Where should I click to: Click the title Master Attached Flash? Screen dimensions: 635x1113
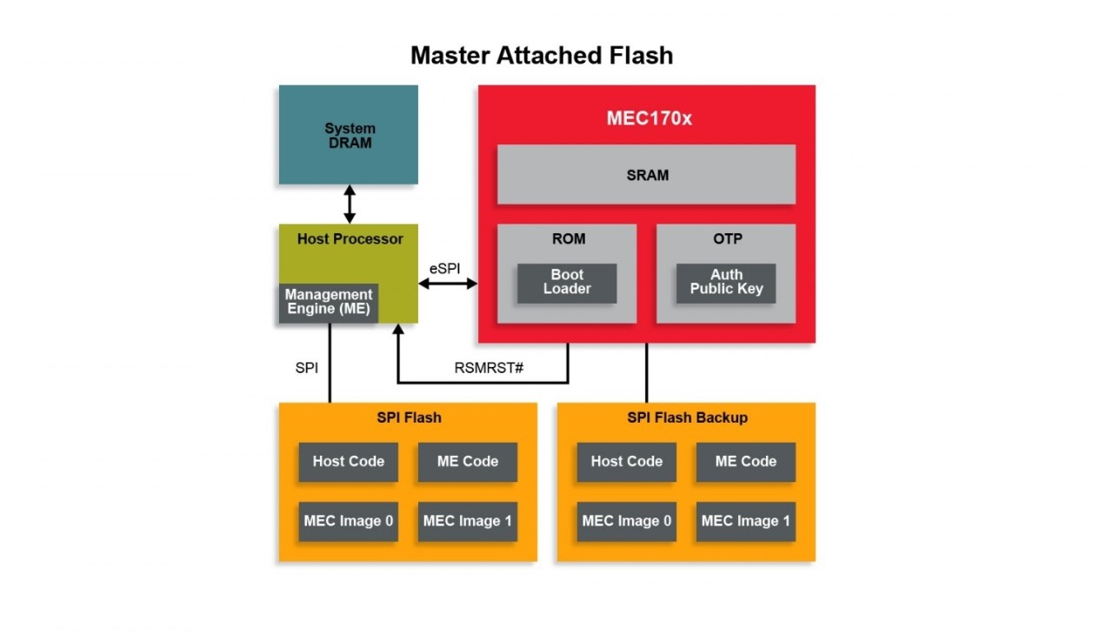542,56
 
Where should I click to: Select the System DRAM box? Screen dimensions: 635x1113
349,135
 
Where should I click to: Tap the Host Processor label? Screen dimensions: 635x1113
350,238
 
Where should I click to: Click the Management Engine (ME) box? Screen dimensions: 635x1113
329,302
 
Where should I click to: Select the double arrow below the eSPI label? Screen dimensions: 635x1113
448,284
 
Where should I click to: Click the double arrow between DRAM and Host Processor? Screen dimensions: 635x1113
350,204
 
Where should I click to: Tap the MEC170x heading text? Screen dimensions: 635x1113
649,118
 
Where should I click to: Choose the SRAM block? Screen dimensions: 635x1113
647,175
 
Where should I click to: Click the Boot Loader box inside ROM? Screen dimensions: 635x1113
567,282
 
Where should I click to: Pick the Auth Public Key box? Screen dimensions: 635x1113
726,282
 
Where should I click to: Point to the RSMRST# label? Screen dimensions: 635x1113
489,367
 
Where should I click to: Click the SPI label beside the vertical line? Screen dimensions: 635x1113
307,368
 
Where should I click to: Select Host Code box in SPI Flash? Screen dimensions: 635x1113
349,462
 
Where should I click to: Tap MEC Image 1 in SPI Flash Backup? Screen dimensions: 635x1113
745,521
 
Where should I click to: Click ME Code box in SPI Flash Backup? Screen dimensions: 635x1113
745,462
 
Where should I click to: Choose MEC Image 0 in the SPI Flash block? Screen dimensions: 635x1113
349,521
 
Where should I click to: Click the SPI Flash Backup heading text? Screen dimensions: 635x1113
687,418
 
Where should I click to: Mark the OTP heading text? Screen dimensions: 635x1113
726,238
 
